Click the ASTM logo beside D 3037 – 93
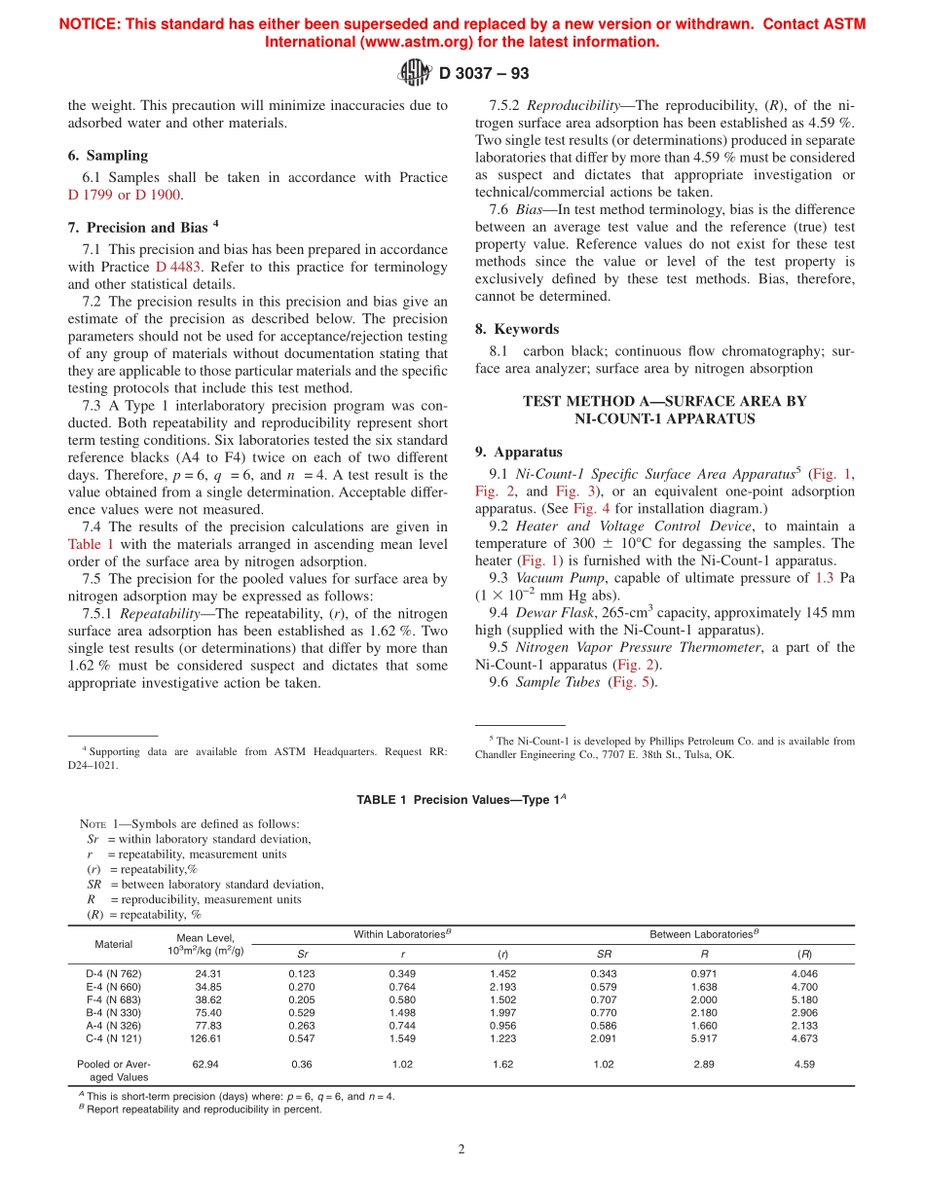tap(416, 72)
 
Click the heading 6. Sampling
tap(107, 156)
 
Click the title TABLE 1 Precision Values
tap(462, 799)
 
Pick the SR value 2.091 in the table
tap(603, 1037)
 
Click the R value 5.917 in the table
tap(703, 1037)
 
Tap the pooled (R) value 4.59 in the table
tap(803, 1064)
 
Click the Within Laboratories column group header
tap(401, 934)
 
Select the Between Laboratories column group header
tap(704, 934)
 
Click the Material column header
tap(114, 944)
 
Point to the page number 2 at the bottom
tap(462, 1149)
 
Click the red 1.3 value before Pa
tap(825, 578)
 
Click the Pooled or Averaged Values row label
tap(114, 1070)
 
